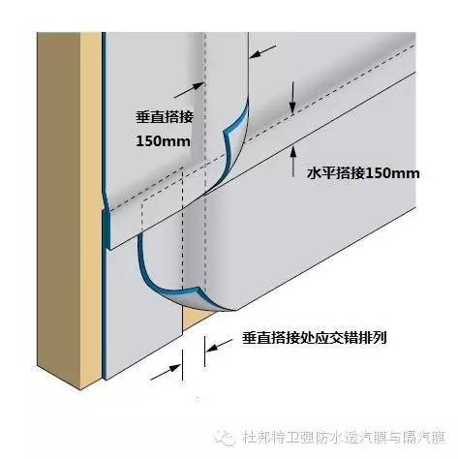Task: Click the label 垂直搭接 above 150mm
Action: (165, 117)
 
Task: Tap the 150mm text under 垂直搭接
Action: (163, 141)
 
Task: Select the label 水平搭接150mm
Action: (363, 173)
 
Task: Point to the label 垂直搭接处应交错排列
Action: (314, 338)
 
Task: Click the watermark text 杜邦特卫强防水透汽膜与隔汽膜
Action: (344, 438)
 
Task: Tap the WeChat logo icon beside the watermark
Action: (225, 438)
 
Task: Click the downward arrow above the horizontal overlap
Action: (292, 98)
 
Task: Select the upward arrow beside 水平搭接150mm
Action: (293, 161)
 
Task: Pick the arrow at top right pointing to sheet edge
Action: (263, 51)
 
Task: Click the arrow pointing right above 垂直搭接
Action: (189, 90)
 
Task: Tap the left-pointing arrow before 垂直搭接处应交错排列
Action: (220, 346)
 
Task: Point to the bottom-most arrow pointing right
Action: (166, 372)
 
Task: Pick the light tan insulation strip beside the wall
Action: (91, 206)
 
